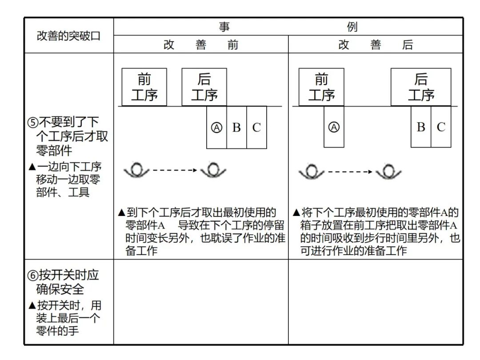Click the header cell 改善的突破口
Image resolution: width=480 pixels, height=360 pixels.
[x=69, y=36]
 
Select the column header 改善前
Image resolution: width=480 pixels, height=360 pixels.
[x=201, y=45]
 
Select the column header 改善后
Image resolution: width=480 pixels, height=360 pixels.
[x=376, y=45]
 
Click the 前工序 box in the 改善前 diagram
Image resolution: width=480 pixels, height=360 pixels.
[x=144, y=87]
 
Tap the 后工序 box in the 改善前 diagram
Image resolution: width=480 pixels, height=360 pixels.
[x=204, y=87]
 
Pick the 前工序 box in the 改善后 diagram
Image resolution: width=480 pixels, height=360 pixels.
[x=321, y=87]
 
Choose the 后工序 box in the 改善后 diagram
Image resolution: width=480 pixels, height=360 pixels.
[x=421, y=87]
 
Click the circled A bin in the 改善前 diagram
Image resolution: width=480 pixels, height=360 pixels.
[x=216, y=128]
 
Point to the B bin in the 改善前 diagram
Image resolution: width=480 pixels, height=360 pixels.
[x=236, y=128]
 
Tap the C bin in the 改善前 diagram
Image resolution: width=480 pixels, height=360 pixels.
[x=256, y=128]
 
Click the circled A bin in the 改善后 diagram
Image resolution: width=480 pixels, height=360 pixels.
[x=334, y=128]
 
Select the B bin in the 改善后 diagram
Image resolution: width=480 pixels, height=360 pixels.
[x=421, y=128]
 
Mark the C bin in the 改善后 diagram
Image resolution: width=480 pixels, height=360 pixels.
[x=441, y=128]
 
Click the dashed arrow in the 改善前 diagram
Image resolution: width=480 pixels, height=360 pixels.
[x=174, y=170]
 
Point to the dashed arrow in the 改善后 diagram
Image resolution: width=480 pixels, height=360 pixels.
[x=349, y=172]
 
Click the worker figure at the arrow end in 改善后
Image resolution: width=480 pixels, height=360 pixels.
[x=388, y=172]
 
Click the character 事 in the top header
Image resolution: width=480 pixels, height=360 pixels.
[x=224, y=27]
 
